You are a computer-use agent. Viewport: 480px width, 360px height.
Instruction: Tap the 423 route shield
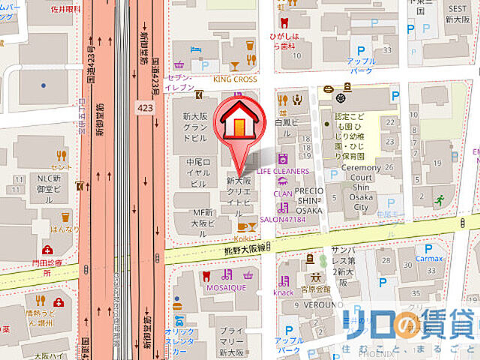click(145, 109)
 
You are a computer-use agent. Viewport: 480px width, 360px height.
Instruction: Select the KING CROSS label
click(235, 79)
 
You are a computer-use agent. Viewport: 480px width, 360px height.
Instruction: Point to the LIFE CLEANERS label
click(283, 171)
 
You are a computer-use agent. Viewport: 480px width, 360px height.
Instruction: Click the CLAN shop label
click(283, 193)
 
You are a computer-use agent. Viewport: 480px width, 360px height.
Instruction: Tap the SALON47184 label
click(283, 219)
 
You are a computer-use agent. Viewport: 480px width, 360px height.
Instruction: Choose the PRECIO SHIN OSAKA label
click(307, 200)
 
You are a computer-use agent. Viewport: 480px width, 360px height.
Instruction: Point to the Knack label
click(284, 292)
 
